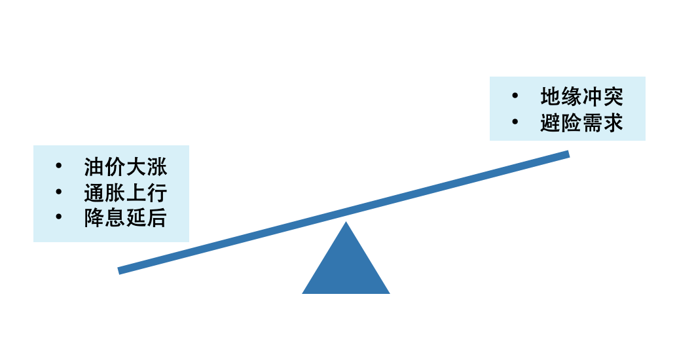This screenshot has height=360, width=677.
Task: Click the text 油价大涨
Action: [125, 167]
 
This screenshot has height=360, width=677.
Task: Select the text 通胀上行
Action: [125, 192]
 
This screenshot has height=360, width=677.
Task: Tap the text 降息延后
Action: [125, 218]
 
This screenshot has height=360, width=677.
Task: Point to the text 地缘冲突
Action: [581, 97]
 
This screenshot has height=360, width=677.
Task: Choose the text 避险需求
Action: [581, 122]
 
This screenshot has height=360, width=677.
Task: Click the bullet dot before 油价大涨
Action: [59, 166]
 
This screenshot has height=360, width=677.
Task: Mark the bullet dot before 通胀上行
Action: [59, 191]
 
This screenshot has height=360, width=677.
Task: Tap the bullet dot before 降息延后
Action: [59, 217]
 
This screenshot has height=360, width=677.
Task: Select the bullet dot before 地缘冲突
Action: [515, 96]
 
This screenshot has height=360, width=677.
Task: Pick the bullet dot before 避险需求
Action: [515, 122]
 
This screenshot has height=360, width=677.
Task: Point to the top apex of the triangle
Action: [346, 221]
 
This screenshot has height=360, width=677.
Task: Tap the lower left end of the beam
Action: [119, 271]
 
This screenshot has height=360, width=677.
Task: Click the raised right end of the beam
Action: [568, 154]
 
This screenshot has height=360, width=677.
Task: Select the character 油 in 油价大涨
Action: [94, 167]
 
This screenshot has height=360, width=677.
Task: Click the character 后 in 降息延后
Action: [156, 218]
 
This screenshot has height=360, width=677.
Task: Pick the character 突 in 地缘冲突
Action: [613, 97]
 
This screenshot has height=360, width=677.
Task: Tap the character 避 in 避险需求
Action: [551, 122]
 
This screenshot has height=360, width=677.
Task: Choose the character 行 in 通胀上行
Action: [156, 192]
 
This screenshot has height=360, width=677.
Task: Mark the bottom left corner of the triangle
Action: [302, 293]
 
